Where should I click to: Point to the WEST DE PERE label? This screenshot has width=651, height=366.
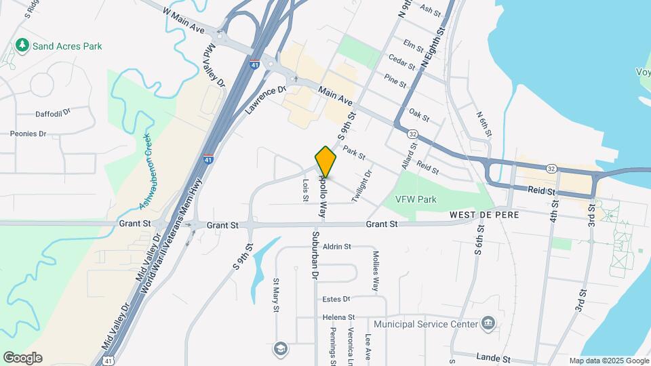(484, 214)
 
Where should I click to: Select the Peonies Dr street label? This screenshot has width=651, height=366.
(28, 134)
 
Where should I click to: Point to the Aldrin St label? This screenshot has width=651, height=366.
(336, 247)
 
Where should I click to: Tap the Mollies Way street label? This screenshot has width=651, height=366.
(375, 272)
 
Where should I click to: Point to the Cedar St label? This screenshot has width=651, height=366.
(401, 64)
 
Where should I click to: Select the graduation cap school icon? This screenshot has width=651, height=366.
(279, 348)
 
